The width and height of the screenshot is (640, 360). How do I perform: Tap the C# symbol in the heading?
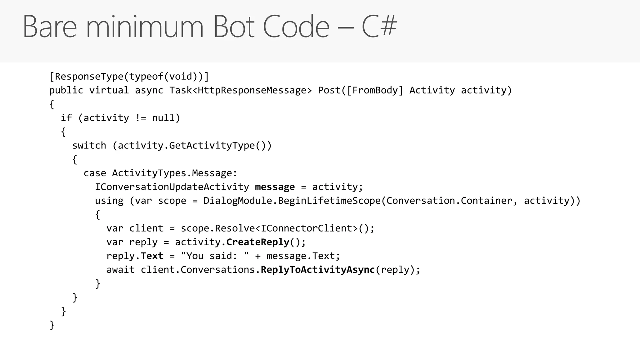pyautogui.click(x=379, y=27)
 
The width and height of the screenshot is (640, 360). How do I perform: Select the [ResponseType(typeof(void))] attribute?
pyautogui.click(x=129, y=77)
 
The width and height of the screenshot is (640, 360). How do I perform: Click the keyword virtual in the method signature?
pyautogui.click(x=109, y=90)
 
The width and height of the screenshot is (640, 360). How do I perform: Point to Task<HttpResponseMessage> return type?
pyautogui.click(x=241, y=90)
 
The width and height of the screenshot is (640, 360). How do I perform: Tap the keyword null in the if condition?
pyautogui.click(x=163, y=118)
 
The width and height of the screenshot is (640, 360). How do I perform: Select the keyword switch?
pyautogui.click(x=89, y=146)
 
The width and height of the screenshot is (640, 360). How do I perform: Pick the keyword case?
pyautogui.click(x=95, y=173)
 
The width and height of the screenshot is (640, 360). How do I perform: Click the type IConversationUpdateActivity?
pyautogui.click(x=172, y=187)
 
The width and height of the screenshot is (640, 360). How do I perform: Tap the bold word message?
pyautogui.click(x=275, y=187)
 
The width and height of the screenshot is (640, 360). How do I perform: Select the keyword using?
pyautogui.click(x=109, y=201)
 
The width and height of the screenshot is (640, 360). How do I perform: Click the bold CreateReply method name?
pyautogui.click(x=258, y=242)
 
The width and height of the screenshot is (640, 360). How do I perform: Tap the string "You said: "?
pyautogui.click(x=215, y=256)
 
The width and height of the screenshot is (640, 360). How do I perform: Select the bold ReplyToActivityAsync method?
pyautogui.click(x=317, y=270)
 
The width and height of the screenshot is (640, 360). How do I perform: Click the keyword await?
pyautogui.click(x=121, y=270)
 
